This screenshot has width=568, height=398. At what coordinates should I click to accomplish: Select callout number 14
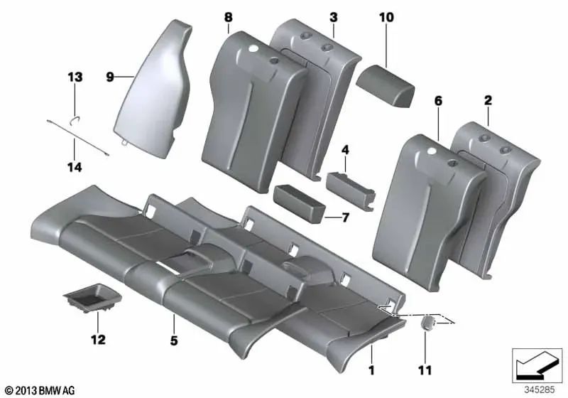tap(75, 168)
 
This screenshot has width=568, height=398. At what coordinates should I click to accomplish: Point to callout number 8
tap(227, 16)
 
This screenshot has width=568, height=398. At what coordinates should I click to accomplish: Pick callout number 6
tap(438, 102)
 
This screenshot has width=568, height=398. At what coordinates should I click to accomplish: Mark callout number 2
tap(488, 102)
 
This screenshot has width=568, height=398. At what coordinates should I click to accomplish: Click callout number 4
tap(345, 151)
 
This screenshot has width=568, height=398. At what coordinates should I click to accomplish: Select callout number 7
tap(345, 217)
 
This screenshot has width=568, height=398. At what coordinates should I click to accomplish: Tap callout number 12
tap(98, 340)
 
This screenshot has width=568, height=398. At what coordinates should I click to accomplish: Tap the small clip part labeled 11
tap(428, 323)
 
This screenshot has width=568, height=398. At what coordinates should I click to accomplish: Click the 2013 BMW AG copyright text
tap(40, 390)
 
